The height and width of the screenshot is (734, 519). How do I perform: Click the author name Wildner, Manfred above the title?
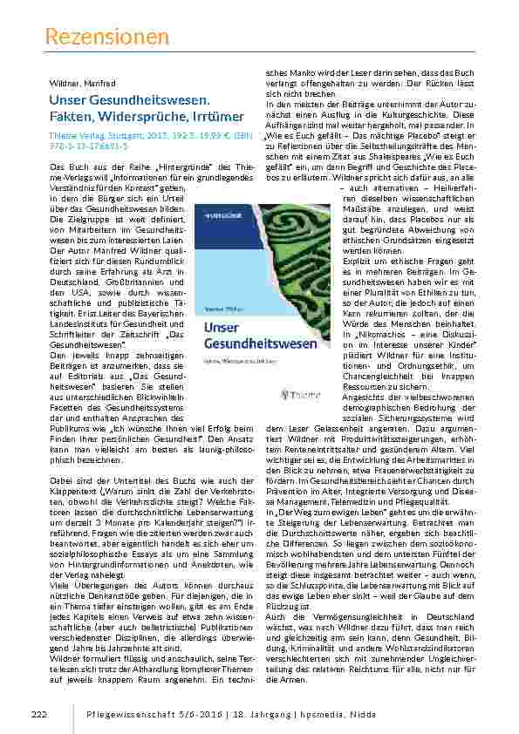click(x=80, y=83)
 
